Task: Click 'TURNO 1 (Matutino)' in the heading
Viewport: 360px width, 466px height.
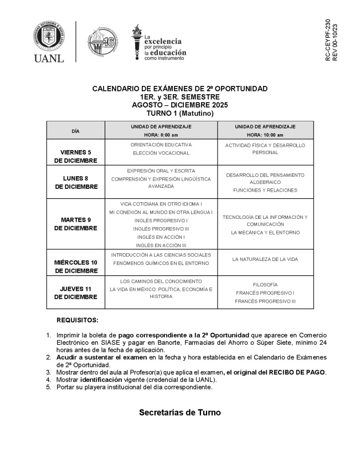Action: tap(179, 113)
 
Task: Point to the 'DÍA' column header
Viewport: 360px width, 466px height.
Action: tap(76, 131)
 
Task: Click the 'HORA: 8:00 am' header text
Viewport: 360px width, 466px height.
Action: tap(161, 135)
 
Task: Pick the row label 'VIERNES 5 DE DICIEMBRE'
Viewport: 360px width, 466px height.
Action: tap(76, 156)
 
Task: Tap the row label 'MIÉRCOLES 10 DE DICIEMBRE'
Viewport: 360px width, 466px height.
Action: tap(76, 267)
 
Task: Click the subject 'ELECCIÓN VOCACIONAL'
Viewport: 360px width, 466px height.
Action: tap(161, 153)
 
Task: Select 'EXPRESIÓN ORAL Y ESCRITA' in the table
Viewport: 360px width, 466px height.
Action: tap(161, 171)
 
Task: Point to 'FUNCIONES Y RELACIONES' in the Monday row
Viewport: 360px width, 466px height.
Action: tap(265, 190)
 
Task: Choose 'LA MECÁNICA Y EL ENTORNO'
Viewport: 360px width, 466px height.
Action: tap(265, 233)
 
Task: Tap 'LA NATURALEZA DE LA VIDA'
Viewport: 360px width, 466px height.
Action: tap(265, 259)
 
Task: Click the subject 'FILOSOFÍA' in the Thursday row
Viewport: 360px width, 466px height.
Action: tap(265, 284)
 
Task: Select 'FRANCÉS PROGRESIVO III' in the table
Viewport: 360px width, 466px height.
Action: tap(265, 301)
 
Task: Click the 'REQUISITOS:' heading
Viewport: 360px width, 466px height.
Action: tap(78, 320)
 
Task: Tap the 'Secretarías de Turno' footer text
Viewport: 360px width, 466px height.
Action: tap(179, 412)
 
